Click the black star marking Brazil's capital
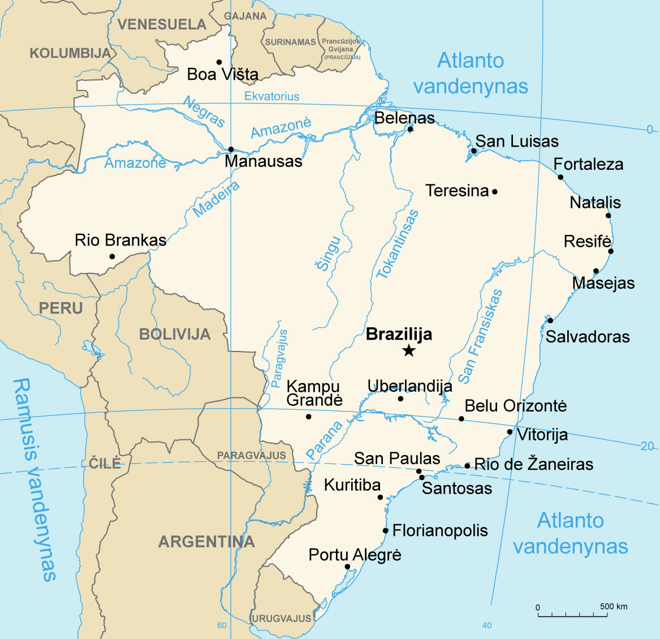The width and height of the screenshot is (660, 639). (408, 351)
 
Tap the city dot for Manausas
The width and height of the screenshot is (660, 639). (231, 149)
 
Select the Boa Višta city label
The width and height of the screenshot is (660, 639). (222, 74)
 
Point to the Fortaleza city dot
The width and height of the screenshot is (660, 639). (560, 177)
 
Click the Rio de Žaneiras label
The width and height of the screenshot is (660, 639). (533, 465)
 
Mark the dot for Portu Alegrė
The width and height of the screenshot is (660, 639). (347, 567)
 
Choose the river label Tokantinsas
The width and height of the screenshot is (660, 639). (398, 245)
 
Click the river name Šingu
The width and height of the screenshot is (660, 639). (328, 254)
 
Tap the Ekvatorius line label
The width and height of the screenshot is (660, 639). (271, 96)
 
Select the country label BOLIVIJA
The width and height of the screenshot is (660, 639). (175, 334)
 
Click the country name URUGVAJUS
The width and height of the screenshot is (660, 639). (281, 619)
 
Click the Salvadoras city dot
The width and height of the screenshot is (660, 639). (550, 320)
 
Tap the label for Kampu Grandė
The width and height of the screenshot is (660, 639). (314, 393)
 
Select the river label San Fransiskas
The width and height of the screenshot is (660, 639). (480, 336)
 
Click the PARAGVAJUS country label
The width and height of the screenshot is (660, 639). (251, 456)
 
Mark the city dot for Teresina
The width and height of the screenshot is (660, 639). (494, 191)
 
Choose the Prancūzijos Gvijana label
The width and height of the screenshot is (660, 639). (341, 49)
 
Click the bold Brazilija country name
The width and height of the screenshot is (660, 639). (399, 334)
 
